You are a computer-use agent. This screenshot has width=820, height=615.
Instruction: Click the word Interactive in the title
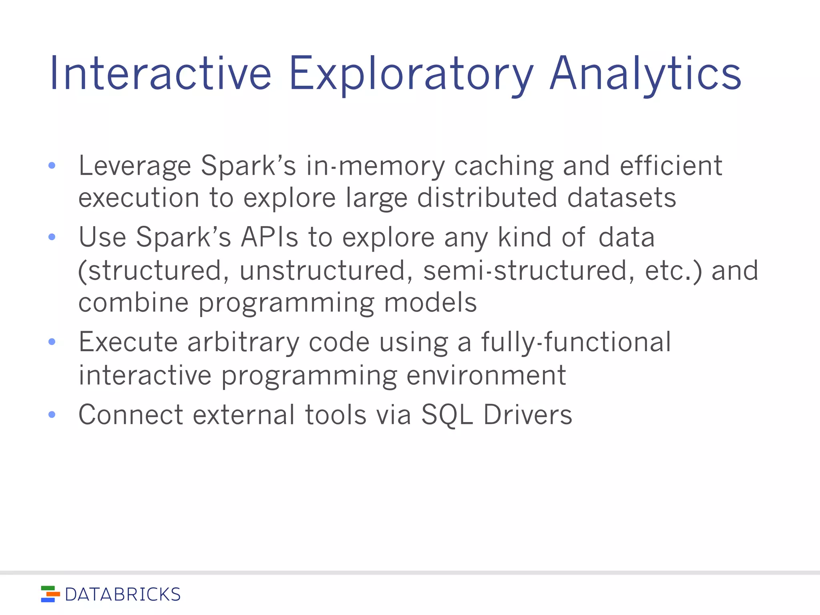pos(160,74)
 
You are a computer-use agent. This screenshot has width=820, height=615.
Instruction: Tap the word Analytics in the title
pos(645,74)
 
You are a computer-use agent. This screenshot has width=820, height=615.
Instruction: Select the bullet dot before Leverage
pos(52,165)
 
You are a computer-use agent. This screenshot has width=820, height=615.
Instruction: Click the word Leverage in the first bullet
pos(135,165)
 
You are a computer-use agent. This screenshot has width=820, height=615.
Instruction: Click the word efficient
pos(671,165)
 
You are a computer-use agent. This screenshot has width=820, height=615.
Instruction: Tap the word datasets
pos(621,198)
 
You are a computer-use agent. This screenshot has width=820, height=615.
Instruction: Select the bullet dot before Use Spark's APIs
pos(52,237)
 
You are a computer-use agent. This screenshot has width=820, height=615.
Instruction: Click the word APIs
pos(269,237)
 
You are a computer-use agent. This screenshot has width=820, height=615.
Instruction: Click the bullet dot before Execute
pos(52,342)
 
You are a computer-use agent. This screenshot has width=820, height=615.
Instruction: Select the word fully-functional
pos(576,343)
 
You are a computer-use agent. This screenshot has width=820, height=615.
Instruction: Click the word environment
pos(486,376)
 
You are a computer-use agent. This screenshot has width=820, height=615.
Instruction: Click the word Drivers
pos(528,415)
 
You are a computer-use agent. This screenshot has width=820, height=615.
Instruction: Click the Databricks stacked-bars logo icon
pos(50,594)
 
